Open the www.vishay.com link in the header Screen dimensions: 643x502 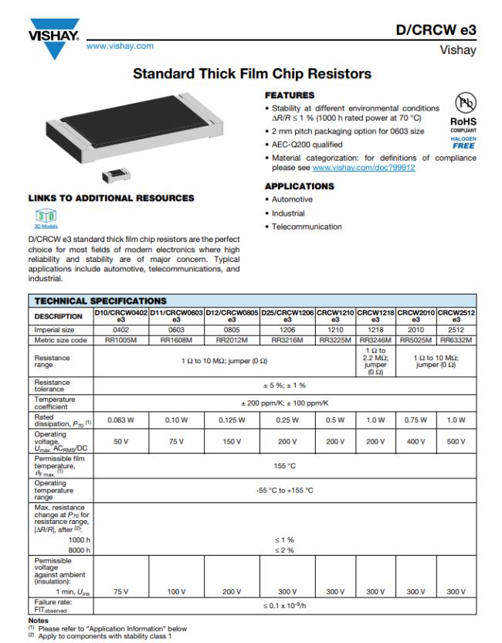[120, 46]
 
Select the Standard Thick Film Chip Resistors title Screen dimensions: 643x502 [252, 74]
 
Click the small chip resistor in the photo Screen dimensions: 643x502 [114, 172]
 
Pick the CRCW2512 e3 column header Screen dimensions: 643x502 [456, 315]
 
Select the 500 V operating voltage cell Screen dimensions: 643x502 [456, 441]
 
